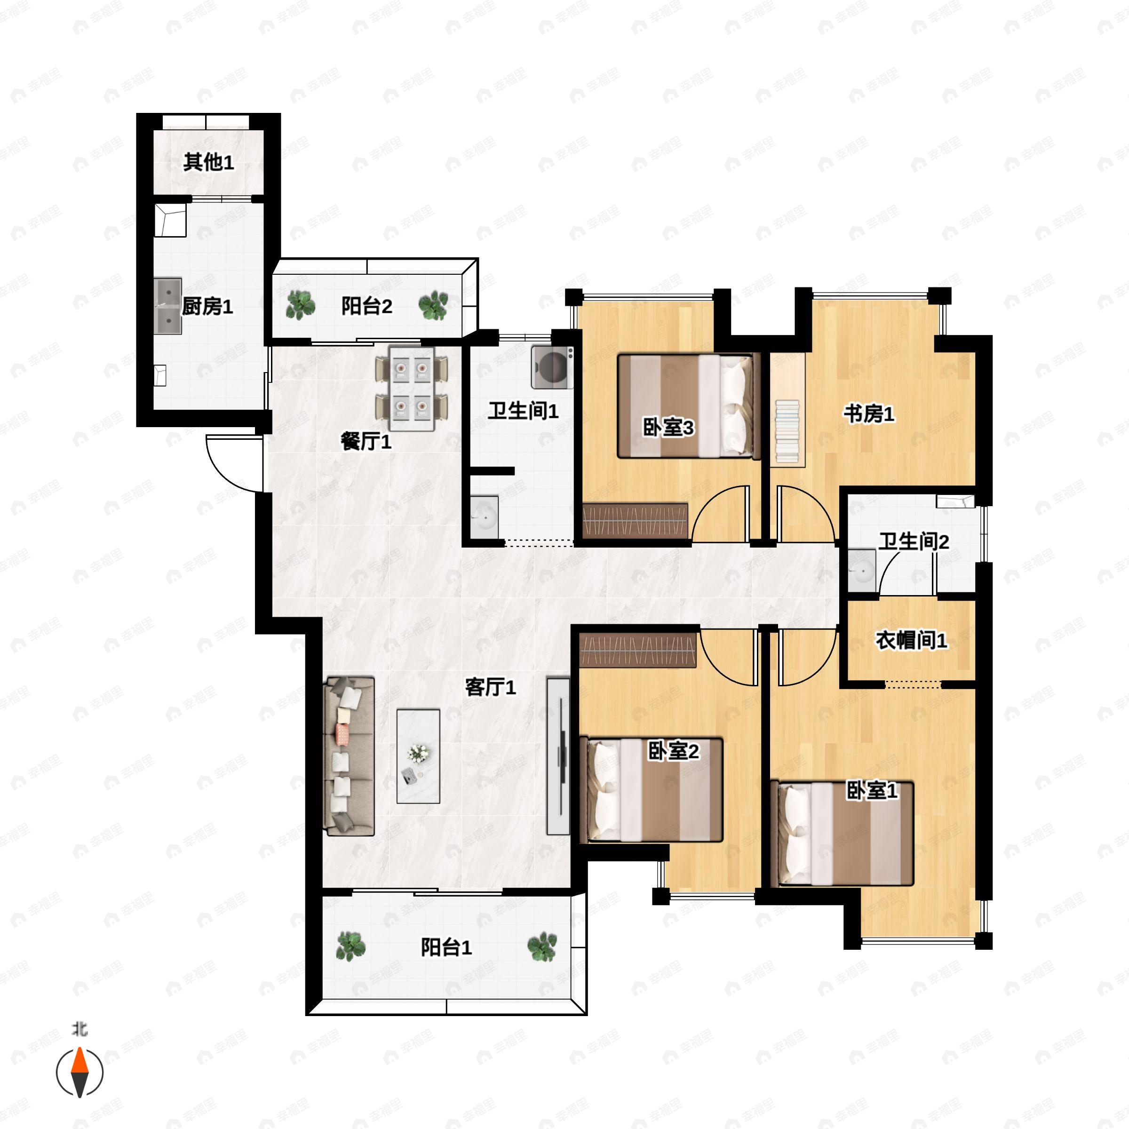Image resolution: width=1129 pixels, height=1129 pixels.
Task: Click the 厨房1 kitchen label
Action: point(207,306)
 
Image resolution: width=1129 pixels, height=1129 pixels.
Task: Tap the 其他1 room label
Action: point(208,162)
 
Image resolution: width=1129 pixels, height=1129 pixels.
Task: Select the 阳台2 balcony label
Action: point(366,306)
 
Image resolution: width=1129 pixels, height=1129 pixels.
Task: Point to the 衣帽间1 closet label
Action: point(911,640)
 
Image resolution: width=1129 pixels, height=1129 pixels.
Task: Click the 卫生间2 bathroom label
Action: point(914,542)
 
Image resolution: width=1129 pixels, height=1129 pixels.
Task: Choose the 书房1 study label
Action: point(868,414)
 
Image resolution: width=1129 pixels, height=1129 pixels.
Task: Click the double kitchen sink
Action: point(168,306)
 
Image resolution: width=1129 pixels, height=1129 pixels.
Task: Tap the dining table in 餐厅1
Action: point(412,389)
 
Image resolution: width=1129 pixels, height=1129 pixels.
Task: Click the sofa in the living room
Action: point(350,755)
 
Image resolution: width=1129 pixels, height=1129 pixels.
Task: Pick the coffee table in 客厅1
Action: point(418,756)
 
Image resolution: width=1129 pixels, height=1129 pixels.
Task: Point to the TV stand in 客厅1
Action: point(558,755)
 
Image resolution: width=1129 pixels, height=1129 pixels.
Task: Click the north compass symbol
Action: point(80,1071)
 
